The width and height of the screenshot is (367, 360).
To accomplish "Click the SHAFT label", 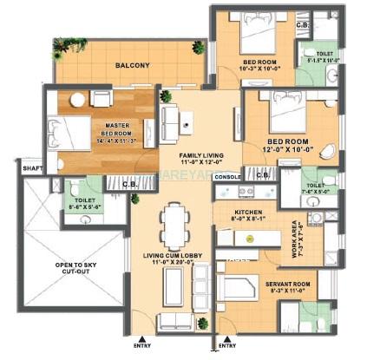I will point(32,168).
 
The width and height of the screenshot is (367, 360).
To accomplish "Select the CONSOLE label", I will point(226,177).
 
